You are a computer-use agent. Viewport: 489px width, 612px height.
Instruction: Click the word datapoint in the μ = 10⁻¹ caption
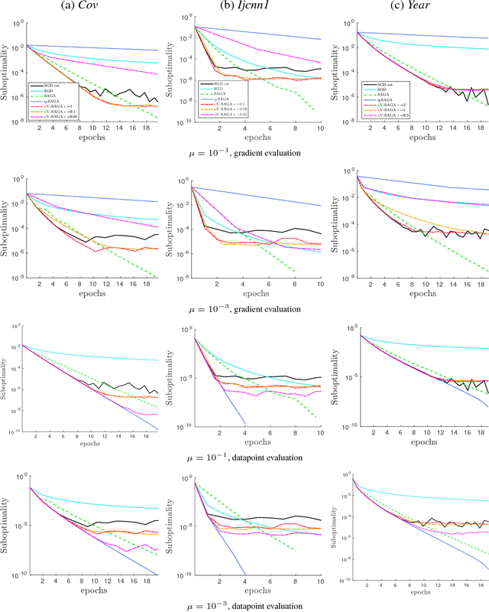click(251, 457)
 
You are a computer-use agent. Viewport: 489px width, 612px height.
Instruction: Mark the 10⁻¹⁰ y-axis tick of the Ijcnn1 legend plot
click(185, 121)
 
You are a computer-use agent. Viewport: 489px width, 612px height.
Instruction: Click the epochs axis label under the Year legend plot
click(419, 138)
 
